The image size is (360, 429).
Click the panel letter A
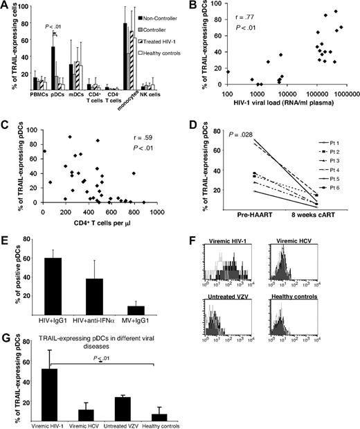[x=6, y=6]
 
